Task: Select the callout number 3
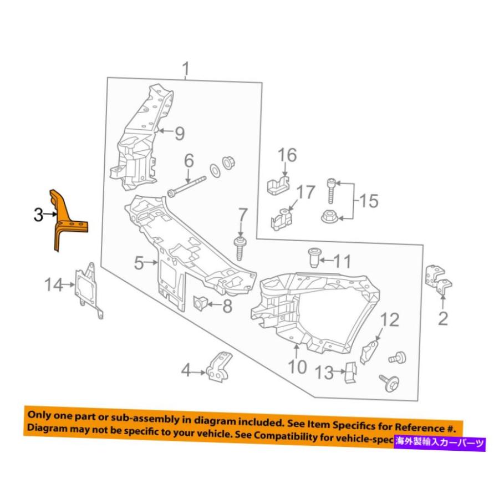coord(38,215)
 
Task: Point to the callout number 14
coord(54,285)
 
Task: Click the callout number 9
coord(179,133)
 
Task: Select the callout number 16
coord(287,155)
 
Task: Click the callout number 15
coord(369,200)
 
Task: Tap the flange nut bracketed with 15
coord(331,215)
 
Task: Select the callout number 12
coord(389,320)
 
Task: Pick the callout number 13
coord(325,372)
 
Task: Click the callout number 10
coord(297,367)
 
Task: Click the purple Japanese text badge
coord(440,442)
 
